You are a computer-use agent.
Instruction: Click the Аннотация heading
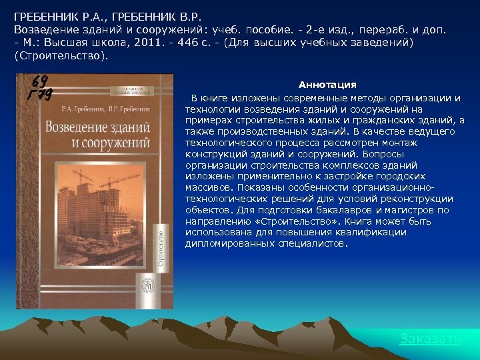pos(327,85)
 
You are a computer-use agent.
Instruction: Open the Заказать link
pos(430,339)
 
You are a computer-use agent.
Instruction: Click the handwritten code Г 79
pos(40,94)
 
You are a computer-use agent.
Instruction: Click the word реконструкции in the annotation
pos(421,199)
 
